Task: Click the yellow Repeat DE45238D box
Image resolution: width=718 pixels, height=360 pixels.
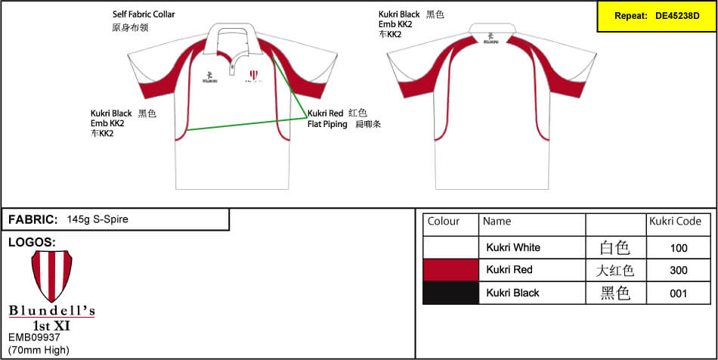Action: (656, 16)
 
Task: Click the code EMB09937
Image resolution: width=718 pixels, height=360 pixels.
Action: (34, 338)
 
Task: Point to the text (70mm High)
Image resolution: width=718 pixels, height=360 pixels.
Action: (39, 349)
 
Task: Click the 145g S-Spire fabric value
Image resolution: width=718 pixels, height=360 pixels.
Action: (97, 219)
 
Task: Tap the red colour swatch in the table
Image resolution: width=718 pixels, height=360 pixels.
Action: (450, 270)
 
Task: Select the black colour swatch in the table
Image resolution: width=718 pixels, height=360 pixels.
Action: (450, 293)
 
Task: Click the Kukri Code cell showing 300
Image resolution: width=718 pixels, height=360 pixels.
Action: (678, 270)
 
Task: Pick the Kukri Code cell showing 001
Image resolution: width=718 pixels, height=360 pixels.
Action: (678, 293)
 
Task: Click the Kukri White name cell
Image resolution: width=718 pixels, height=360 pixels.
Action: (513, 247)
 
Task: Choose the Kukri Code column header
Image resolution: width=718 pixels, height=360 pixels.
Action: (675, 222)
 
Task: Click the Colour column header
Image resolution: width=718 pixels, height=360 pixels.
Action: (444, 222)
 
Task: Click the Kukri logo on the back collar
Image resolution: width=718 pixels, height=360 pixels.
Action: (492, 36)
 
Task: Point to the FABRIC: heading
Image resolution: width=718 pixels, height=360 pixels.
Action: (33, 219)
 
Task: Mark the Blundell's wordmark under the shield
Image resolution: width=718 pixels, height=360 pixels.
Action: (51, 312)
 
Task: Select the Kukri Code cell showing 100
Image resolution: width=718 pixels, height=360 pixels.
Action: (678, 247)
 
